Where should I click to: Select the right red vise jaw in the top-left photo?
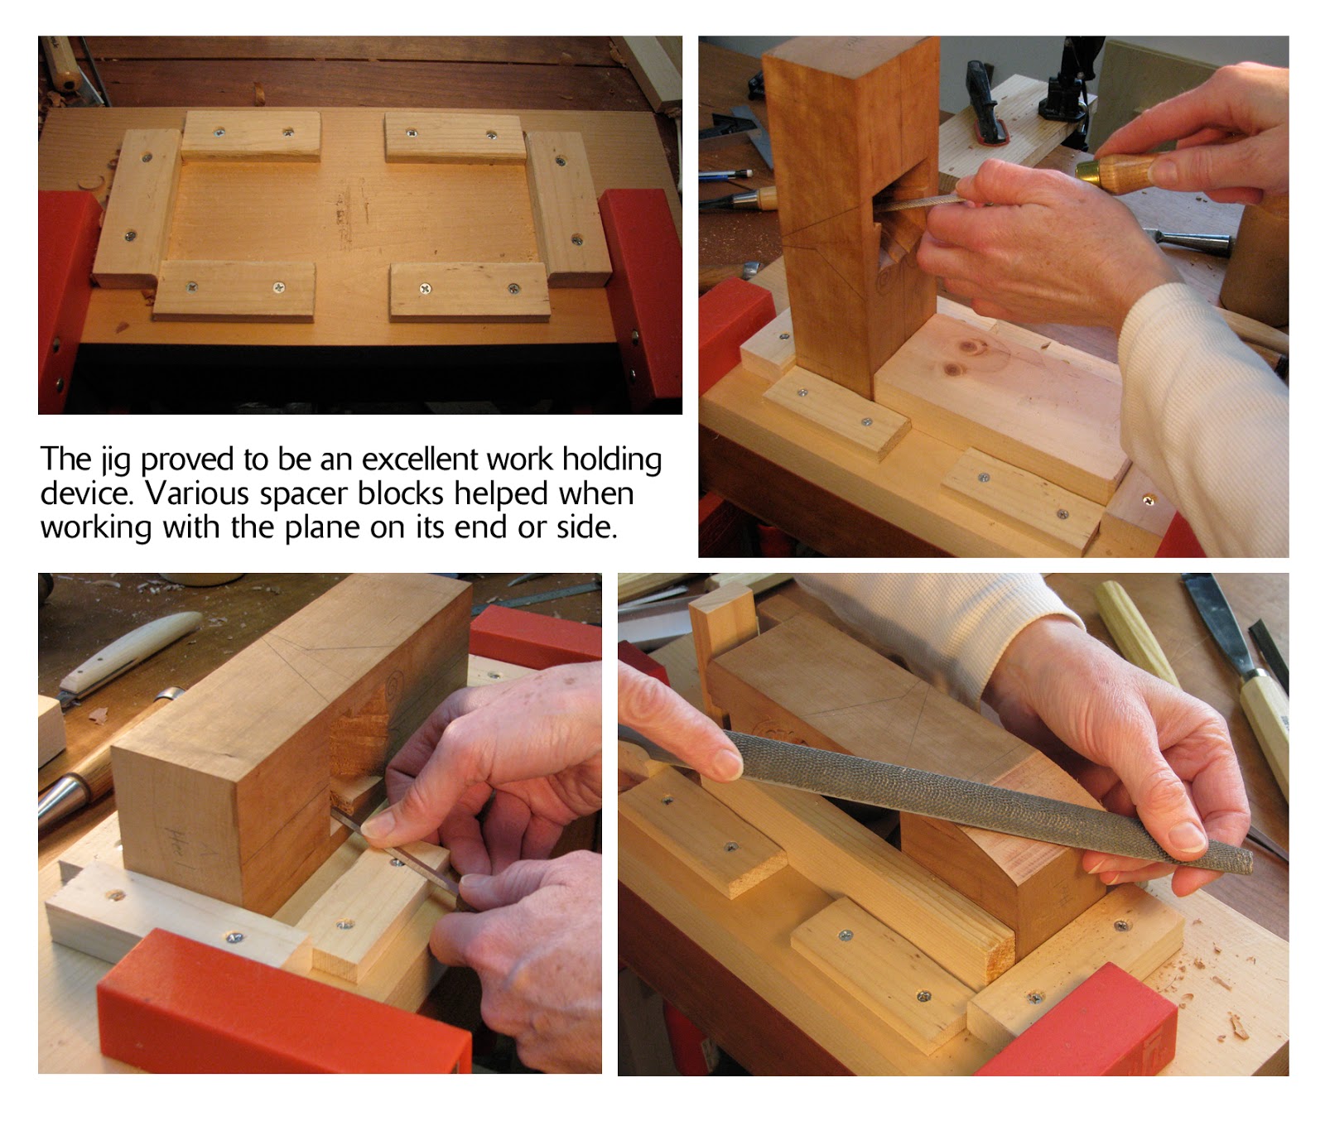tap(641, 294)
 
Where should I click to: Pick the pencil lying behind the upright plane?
tap(725, 175)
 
